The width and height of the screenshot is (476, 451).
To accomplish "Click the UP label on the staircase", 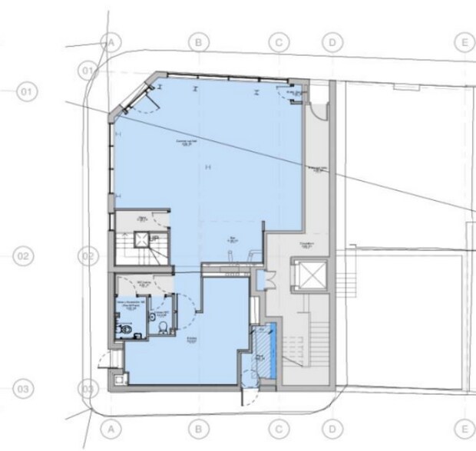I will pyautogui.click(x=154, y=239).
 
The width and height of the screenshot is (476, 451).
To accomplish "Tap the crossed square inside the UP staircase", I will pyautogui.click(x=141, y=239).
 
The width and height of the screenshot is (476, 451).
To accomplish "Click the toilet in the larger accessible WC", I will pyautogui.click(x=124, y=329).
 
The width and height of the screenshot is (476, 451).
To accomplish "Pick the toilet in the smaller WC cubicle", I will pyautogui.click(x=162, y=328).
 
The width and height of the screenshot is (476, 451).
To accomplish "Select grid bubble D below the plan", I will pyautogui.click(x=332, y=427).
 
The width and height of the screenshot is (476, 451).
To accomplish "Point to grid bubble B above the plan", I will pyautogui.click(x=198, y=41).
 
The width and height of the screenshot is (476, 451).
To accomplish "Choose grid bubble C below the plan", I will pyautogui.click(x=279, y=427).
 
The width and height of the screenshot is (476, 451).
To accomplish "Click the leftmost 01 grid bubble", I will pyautogui.click(x=26, y=93).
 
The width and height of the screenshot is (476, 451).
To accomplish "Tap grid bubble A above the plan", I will pyautogui.click(x=113, y=41).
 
